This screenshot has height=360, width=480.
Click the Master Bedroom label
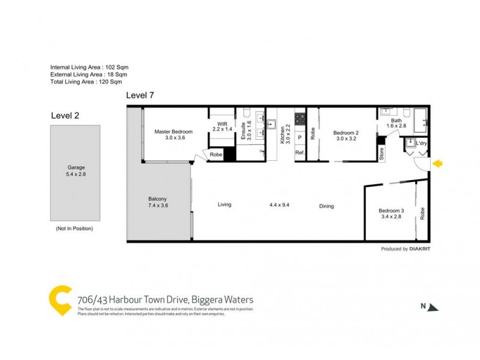click(x=173, y=134)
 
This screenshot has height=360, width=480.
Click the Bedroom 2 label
click(x=346, y=135)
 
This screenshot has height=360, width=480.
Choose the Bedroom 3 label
click(x=391, y=213)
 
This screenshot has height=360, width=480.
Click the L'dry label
click(x=422, y=143)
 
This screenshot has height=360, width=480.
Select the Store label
click(x=381, y=153)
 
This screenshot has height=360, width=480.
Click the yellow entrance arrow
click(x=438, y=163)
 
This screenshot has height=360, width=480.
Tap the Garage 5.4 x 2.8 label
click(x=75, y=171)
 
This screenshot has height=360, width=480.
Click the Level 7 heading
click(x=141, y=96)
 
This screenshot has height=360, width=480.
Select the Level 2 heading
click(x=65, y=115)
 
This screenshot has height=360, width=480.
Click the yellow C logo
click(x=61, y=301)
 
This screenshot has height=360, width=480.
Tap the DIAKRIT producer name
click(x=421, y=248)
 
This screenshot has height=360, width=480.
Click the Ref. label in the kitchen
click(x=300, y=153)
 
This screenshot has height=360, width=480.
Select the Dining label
click(x=326, y=206)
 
